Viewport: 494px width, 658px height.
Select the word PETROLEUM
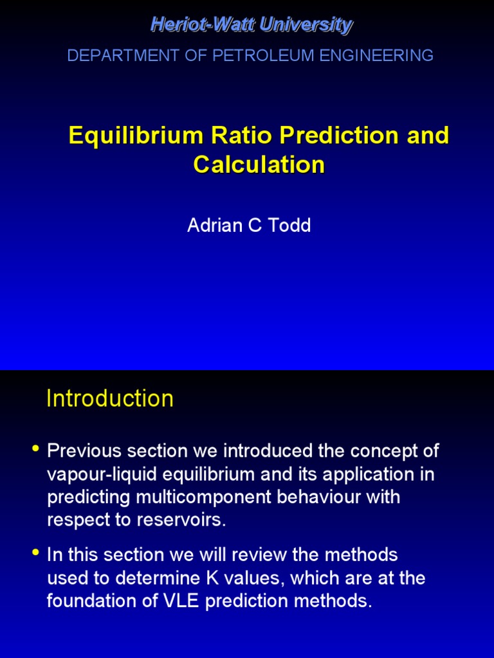click(x=253, y=56)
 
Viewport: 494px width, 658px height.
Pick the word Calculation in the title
click(x=259, y=165)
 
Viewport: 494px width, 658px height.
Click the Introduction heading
click(x=110, y=399)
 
